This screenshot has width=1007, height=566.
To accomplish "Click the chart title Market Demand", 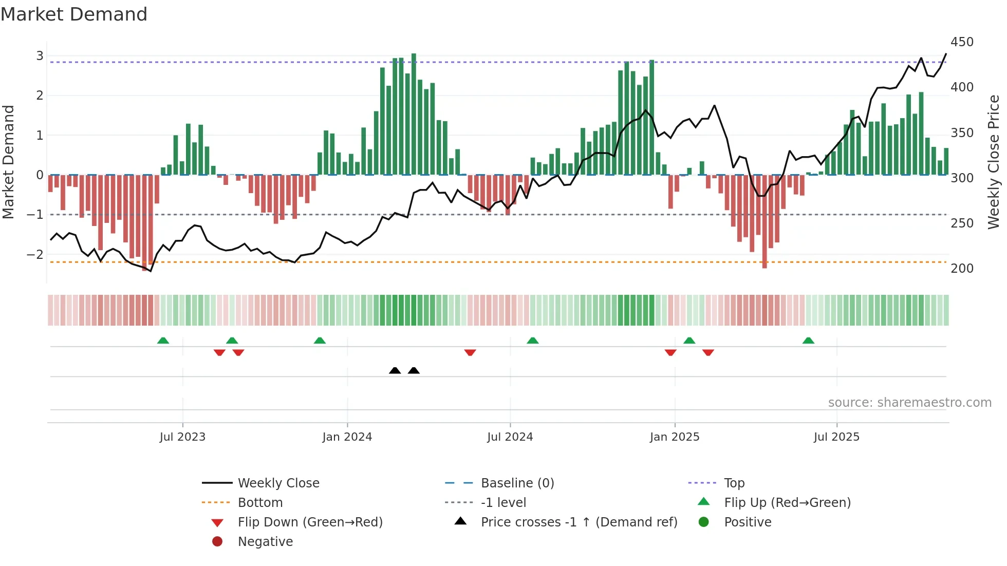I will click(x=74, y=14).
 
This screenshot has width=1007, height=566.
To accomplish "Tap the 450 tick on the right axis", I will click(x=962, y=42).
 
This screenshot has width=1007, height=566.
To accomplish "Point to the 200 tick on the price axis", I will click(x=962, y=269).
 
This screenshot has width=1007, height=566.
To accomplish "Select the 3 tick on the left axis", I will click(x=40, y=55).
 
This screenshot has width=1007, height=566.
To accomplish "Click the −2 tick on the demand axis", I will click(x=35, y=255).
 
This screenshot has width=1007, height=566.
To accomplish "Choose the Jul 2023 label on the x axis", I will click(x=182, y=437).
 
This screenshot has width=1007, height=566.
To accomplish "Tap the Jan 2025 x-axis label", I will click(x=674, y=437).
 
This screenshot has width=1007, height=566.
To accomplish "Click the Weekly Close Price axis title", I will click(x=994, y=162).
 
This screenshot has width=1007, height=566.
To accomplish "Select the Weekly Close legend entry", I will click(x=278, y=483).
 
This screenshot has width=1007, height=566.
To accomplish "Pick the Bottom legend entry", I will click(x=260, y=503).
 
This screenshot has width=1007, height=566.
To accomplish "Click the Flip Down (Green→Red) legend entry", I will click(x=310, y=522).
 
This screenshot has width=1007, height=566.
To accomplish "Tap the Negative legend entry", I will click(x=265, y=542).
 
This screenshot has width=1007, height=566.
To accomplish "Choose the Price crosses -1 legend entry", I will click(x=579, y=522).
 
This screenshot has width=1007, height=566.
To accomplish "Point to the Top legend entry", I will click(x=734, y=483).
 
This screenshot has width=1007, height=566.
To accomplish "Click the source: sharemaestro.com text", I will click(x=909, y=403).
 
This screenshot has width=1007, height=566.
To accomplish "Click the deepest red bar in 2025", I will click(x=764, y=221).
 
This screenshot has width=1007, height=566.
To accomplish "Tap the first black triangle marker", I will click(x=395, y=370).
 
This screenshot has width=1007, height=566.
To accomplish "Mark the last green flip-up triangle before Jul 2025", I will click(x=808, y=341).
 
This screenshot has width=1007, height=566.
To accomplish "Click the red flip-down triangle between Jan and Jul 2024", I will click(x=470, y=352).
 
